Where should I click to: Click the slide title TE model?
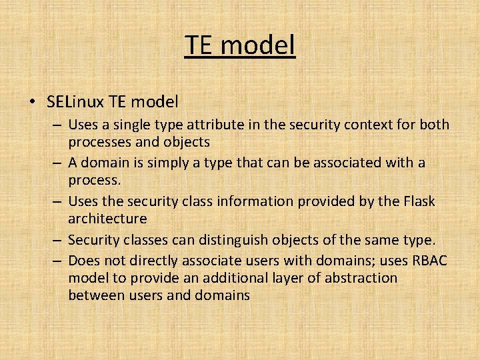(239, 45)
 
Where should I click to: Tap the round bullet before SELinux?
(32, 103)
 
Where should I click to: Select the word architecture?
(107, 219)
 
